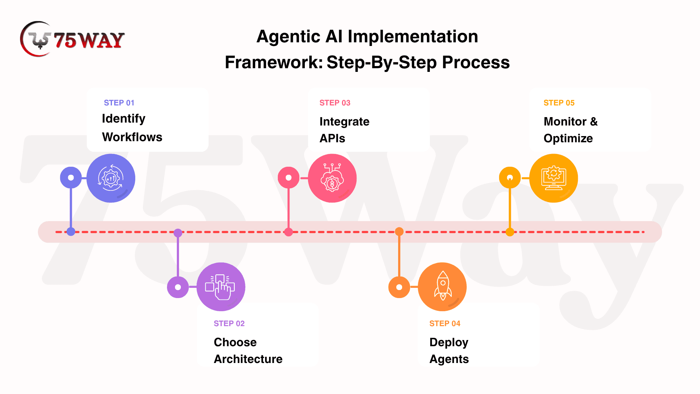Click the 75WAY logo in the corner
[72, 39]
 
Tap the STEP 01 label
[119, 103]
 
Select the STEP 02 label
[229, 324]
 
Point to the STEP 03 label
[335, 103]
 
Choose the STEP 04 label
[445, 324]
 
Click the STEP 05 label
[559, 103]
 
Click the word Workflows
[132, 137]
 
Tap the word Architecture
[248, 359]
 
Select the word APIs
[332, 138]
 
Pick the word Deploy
[449, 343]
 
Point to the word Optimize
[568, 139]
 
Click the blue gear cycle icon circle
[111, 178]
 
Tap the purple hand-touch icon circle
[221, 287]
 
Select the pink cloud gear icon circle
[332, 178]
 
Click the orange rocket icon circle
[442, 287]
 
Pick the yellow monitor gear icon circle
[553, 178]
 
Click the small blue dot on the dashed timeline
[71, 232]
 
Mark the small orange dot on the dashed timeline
[399, 232]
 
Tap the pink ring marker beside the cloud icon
[289, 178]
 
